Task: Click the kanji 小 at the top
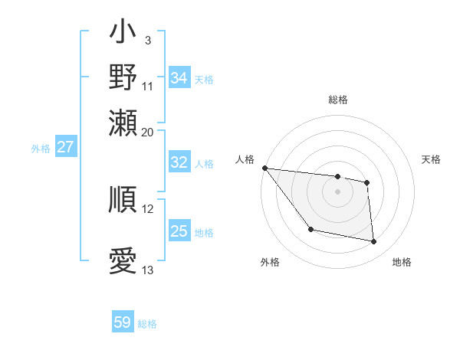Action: tap(123, 35)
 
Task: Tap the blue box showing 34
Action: tap(179, 78)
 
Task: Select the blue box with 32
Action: tap(179, 162)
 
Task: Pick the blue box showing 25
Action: tap(179, 231)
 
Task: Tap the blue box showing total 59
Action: tap(123, 322)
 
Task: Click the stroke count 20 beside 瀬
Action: tap(148, 132)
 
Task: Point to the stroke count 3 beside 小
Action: tap(148, 39)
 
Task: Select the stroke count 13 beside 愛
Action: tap(148, 270)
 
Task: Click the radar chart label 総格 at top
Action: tap(337, 100)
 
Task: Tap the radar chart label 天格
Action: tap(432, 159)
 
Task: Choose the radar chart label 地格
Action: tap(402, 263)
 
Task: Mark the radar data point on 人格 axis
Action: tap(264, 168)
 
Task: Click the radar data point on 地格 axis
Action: tap(374, 242)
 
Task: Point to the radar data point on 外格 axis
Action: tap(310, 229)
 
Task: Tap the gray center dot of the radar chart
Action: tap(337, 191)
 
